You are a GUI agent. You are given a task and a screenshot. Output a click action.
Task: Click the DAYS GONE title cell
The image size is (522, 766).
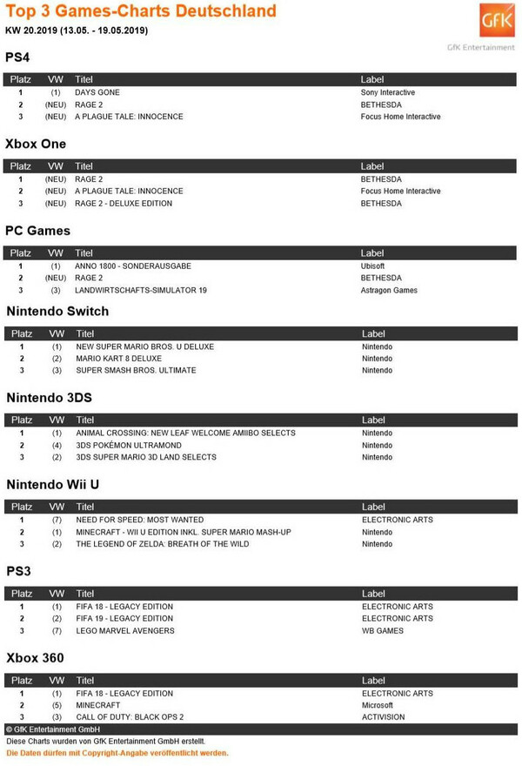(x=97, y=92)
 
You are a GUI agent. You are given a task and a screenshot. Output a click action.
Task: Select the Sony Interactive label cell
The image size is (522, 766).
(x=387, y=92)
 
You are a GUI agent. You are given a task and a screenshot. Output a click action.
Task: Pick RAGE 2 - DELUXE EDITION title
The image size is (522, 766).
(x=124, y=204)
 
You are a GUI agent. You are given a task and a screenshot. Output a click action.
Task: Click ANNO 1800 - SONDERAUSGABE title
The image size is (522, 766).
(x=133, y=265)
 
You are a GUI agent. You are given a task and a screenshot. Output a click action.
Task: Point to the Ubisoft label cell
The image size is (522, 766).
(x=372, y=265)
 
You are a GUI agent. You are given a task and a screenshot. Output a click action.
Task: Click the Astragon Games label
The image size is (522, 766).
(x=389, y=290)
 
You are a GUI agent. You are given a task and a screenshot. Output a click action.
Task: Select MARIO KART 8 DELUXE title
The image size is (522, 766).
(x=119, y=359)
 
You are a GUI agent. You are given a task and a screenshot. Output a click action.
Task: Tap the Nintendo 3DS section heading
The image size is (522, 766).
(x=61, y=398)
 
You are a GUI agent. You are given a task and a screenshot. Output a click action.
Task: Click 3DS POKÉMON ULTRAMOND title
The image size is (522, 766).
(x=129, y=445)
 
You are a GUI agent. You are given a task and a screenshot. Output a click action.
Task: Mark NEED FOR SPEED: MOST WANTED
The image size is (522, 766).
(x=140, y=520)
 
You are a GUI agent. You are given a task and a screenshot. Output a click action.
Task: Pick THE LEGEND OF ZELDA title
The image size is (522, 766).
(x=163, y=544)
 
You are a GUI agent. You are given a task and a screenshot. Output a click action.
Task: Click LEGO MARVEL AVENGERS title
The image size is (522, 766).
(x=125, y=631)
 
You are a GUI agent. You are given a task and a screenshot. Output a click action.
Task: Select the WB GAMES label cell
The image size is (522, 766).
(x=383, y=631)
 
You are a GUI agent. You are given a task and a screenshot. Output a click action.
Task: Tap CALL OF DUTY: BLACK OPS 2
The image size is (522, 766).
(x=130, y=717)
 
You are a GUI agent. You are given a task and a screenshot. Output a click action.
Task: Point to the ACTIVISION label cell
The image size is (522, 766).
(x=384, y=717)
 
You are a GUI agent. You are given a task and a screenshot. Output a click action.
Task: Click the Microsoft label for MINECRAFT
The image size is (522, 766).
(x=378, y=705)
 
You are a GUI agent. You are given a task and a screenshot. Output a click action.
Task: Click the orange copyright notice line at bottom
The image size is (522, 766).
(x=117, y=754)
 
